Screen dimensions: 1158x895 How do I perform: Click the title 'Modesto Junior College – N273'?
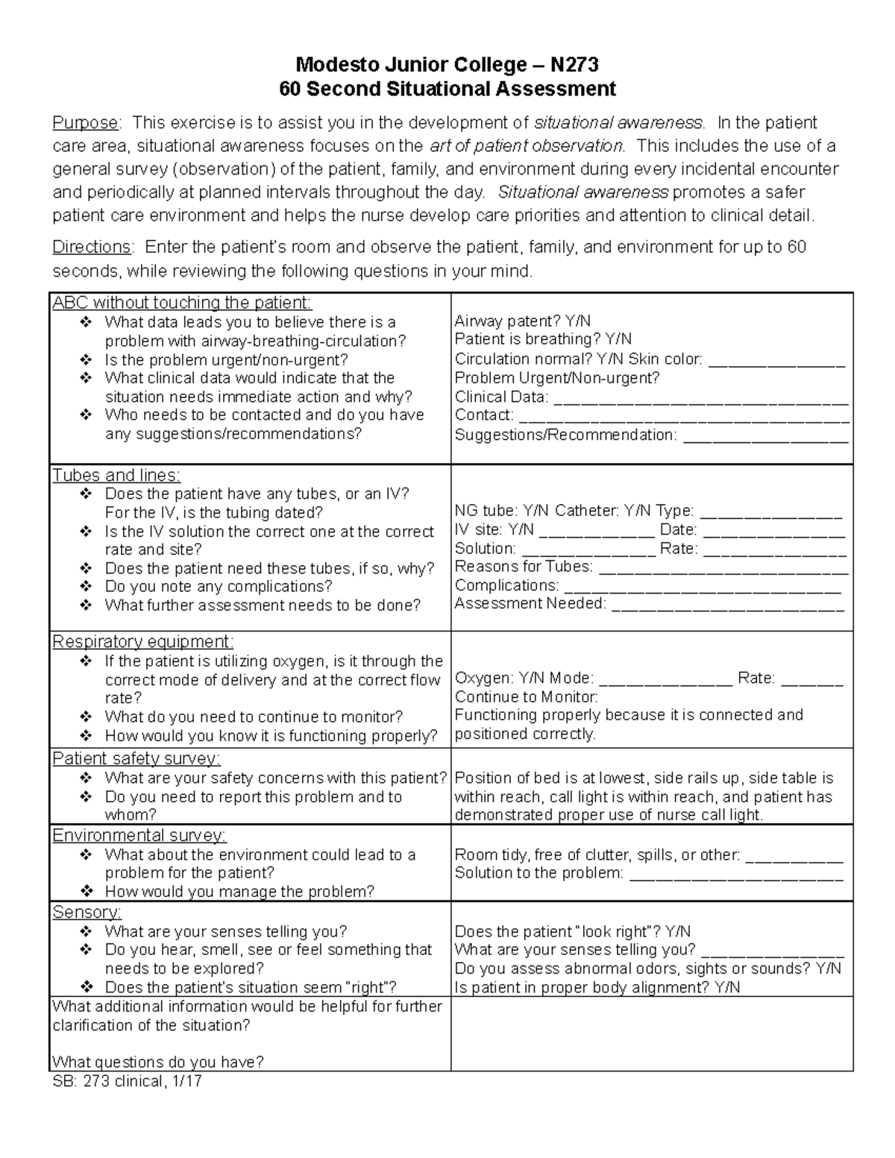click(x=447, y=66)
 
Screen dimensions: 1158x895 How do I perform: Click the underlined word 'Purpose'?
click(x=85, y=123)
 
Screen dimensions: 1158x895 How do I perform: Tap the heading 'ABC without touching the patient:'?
click(x=182, y=303)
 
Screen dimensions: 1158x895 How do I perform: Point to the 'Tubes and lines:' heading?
click(x=116, y=476)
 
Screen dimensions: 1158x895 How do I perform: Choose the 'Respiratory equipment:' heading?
click(x=143, y=642)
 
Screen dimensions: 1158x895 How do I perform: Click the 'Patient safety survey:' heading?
click(x=136, y=759)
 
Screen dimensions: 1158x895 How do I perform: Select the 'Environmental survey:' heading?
click(x=139, y=836)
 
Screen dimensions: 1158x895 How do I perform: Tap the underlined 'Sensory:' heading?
click(x=87, y=913)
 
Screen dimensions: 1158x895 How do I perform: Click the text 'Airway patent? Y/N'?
click(x=523, y=321)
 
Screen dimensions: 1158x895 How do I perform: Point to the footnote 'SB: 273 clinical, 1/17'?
click(x=127, y=1081)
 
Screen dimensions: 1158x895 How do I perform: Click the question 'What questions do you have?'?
click(x=158, y=1062)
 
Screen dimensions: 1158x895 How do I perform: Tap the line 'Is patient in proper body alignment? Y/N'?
click(x=597, y=987)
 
